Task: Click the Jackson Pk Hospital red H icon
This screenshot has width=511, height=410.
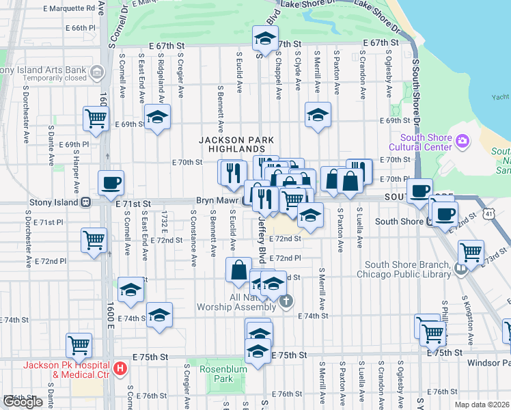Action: [x=121, y=369]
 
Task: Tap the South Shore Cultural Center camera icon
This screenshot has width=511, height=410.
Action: [x=462, y=141]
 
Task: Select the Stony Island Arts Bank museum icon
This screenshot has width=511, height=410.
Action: [x=96, y=71]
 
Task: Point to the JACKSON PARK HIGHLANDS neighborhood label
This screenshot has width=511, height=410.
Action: [x=231, y=143]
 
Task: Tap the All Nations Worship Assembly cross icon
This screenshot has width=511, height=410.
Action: [x=286, y=300]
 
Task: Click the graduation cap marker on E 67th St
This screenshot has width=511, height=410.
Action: [x=265, y=39]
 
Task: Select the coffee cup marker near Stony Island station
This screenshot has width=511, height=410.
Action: [x=111, y=183]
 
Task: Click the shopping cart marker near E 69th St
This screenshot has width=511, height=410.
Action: [x=96, y=118]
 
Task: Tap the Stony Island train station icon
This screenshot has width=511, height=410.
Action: [x=86, y=202]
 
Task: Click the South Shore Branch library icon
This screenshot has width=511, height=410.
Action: [x=461, y=268]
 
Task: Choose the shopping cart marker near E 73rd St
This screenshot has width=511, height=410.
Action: [x=471, y=253]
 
